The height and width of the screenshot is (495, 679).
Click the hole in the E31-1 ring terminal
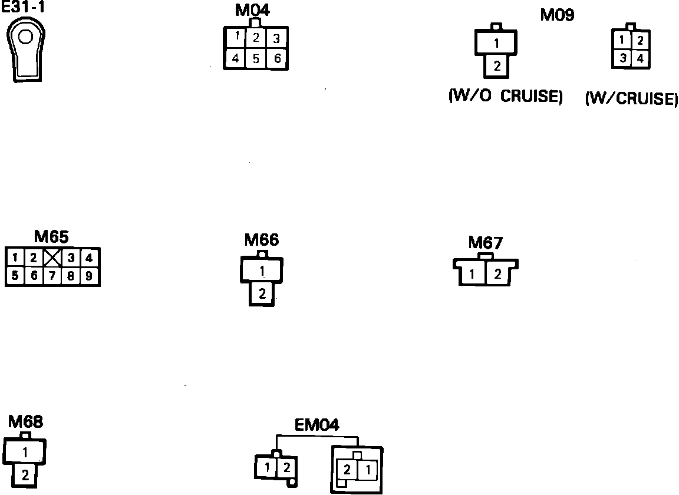click(25, 38)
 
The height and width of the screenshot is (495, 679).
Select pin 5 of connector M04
click(256, 59)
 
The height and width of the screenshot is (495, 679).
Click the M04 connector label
click(252, 11)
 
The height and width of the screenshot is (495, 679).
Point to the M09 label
click(557, 15)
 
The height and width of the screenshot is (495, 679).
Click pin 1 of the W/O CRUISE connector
click(496, 43)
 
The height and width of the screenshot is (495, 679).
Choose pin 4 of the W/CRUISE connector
click(640, 59)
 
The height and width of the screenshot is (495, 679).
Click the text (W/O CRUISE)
click(505, 97)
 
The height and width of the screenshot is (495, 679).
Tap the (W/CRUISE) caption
click(631, 98)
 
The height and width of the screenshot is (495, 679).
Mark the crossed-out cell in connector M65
click(53, 258)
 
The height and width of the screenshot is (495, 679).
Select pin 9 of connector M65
click(88, 276)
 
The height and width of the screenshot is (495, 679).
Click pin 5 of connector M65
click(15, 276)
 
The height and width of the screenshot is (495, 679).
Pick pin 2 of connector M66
click(262, 293)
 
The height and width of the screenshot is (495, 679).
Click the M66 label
click(261, 240)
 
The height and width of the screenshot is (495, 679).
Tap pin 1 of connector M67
click(473, 274)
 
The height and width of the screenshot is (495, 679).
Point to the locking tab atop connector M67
click(485, 256)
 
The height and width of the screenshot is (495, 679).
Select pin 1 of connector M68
click(25, 452)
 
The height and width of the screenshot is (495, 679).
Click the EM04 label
click(317, 425)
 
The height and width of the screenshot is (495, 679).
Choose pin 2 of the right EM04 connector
click(348, 470)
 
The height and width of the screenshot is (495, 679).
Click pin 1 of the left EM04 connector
click(267, 468)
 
